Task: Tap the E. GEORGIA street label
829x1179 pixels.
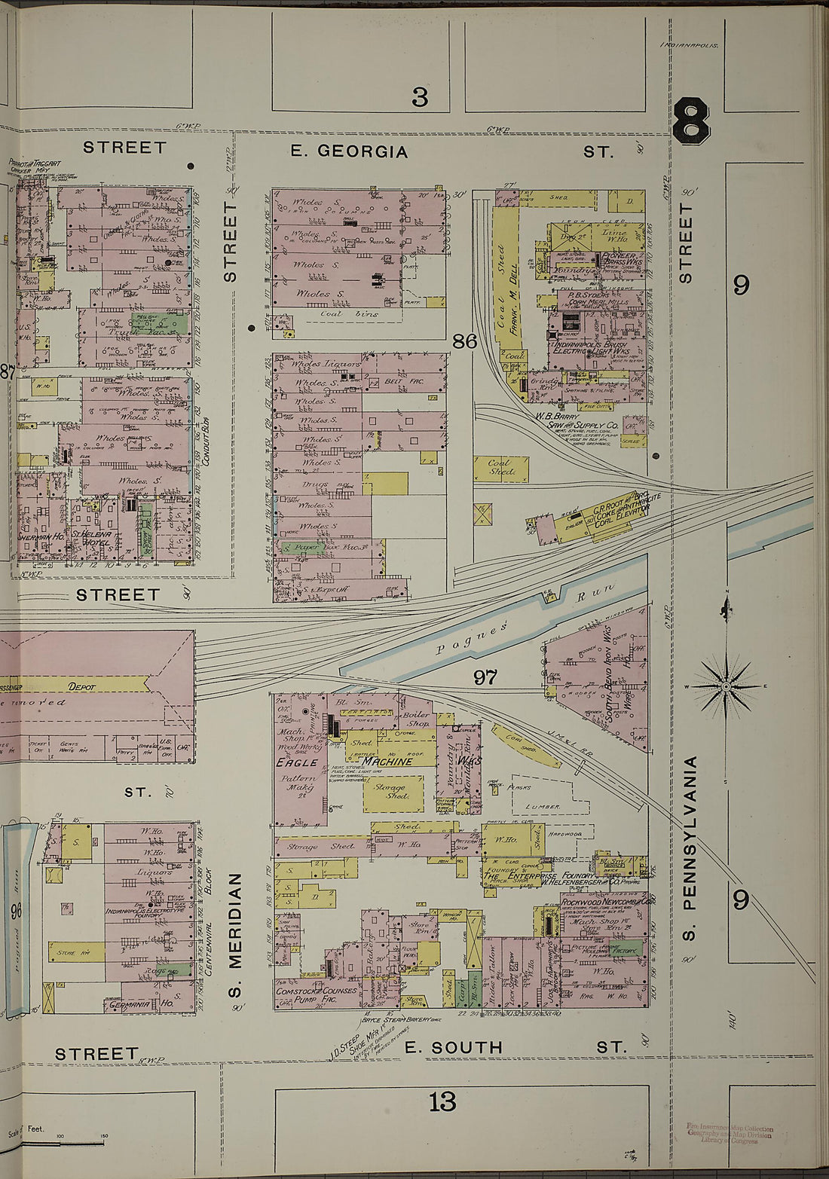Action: tap(349, 151)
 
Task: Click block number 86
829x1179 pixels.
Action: tap(465, 341)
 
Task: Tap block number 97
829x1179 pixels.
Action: tap(485, 677)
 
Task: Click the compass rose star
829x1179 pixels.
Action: tap(725, 686)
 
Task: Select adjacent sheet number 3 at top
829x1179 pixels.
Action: tap(419, 97)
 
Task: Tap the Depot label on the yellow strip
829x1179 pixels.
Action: tap(81, 686)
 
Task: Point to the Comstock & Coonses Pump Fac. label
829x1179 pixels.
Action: tap(317, 994)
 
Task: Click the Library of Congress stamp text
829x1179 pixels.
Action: tap(729, 1134)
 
